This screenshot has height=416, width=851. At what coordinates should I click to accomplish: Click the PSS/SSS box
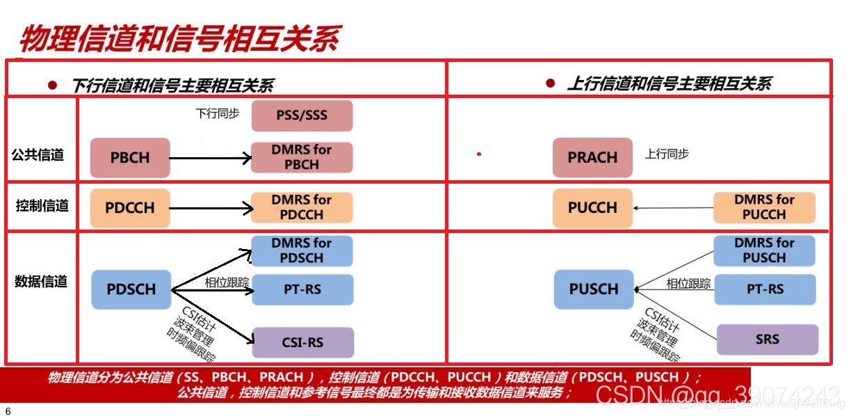pos(302,115)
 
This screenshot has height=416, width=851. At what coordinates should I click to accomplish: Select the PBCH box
pos(130,158)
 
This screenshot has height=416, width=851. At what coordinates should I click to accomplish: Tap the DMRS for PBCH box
pos(302,157)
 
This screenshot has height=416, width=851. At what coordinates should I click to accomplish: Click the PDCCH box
pos(130,207)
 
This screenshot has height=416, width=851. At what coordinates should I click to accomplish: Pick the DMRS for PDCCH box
pos(302,207)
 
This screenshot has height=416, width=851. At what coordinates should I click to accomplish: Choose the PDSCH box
pos(131,289)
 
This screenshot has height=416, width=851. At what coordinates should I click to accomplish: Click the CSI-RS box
pos(302,342)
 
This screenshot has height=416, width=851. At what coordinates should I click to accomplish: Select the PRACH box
pos(592,158)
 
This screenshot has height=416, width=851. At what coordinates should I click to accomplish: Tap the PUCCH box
pos(592,207)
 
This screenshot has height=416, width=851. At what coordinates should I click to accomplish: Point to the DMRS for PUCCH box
pos(764,207)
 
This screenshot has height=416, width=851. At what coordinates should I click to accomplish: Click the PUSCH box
pos(594,289)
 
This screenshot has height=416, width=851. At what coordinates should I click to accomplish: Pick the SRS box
pos(768,339)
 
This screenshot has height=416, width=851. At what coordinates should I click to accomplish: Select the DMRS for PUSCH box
pos(764,250)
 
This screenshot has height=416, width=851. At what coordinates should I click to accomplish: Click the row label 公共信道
pos(38,155)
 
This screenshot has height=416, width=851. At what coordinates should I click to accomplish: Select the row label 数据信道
pos(41,282)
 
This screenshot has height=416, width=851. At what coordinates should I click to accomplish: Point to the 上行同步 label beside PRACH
pos(667,154)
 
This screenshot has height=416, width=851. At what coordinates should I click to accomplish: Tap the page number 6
pos(8,410)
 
